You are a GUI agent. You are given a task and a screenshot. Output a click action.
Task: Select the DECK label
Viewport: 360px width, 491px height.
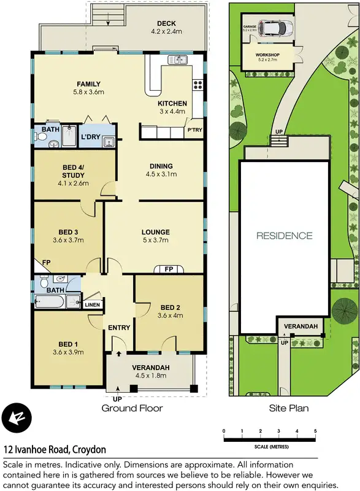tap(166, 23)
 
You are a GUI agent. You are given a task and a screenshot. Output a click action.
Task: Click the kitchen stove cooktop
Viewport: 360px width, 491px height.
tap(198, 85)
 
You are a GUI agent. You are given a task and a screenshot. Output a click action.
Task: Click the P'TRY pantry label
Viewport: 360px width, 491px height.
tap(194, 130)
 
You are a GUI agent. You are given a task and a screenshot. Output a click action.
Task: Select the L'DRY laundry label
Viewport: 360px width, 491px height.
tap(90, 136)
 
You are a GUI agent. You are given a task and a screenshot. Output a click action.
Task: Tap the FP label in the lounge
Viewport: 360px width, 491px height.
tap(168, 269)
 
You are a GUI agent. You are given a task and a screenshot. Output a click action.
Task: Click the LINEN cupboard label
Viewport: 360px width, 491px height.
tap(92, 304)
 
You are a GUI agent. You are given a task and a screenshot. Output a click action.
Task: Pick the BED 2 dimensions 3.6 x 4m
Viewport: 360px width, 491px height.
tap(170, 316)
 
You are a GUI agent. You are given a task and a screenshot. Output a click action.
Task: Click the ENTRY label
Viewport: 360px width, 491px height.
tap(119, 328)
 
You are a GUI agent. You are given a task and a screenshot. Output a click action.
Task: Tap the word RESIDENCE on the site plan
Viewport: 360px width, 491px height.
tap(284, 236)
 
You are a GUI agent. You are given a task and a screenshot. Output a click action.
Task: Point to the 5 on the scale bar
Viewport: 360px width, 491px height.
tap(315, 431)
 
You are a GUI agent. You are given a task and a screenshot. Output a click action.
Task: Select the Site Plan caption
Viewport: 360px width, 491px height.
tap(288, 408)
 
